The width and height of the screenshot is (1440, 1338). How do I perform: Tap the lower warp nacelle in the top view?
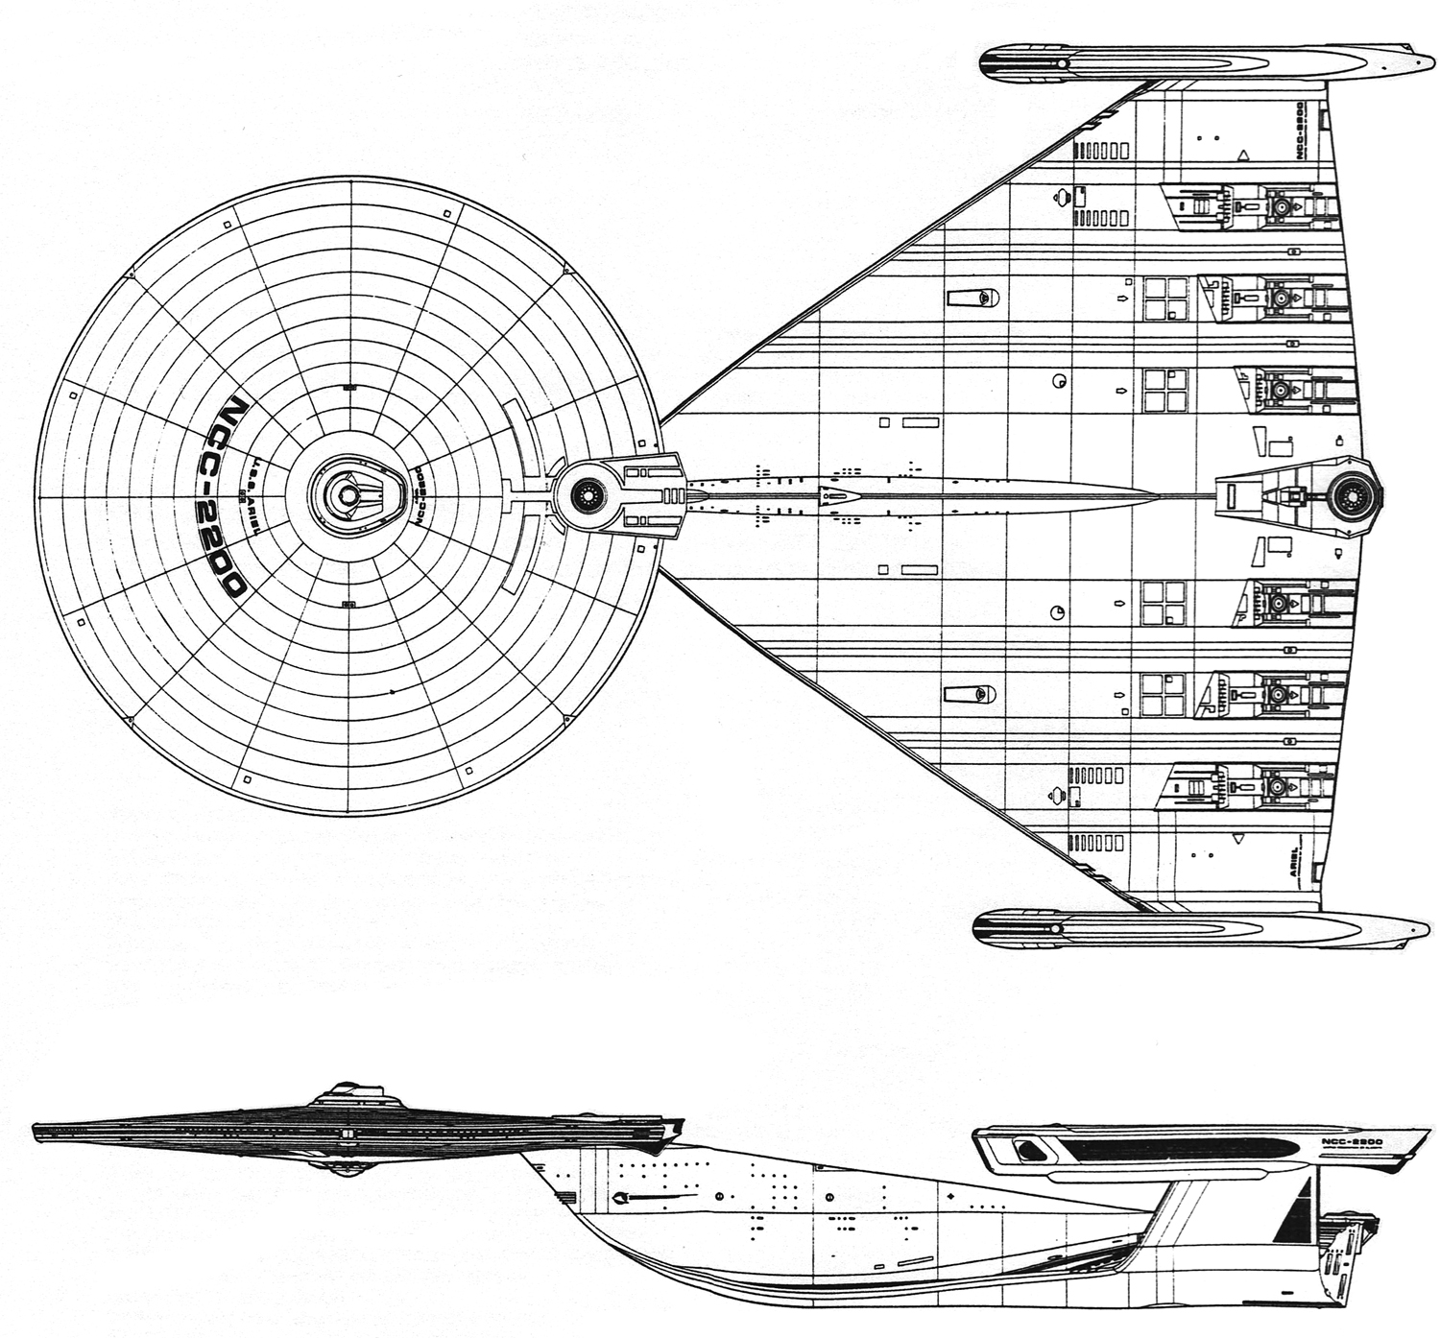(x=1200, y=928)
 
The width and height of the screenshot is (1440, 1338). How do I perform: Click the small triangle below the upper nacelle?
(x=1243, y=153)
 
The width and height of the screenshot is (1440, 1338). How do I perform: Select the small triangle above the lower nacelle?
(x=1244, y=838)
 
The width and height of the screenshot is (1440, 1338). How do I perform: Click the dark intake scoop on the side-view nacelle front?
(x=1032, y=1145)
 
